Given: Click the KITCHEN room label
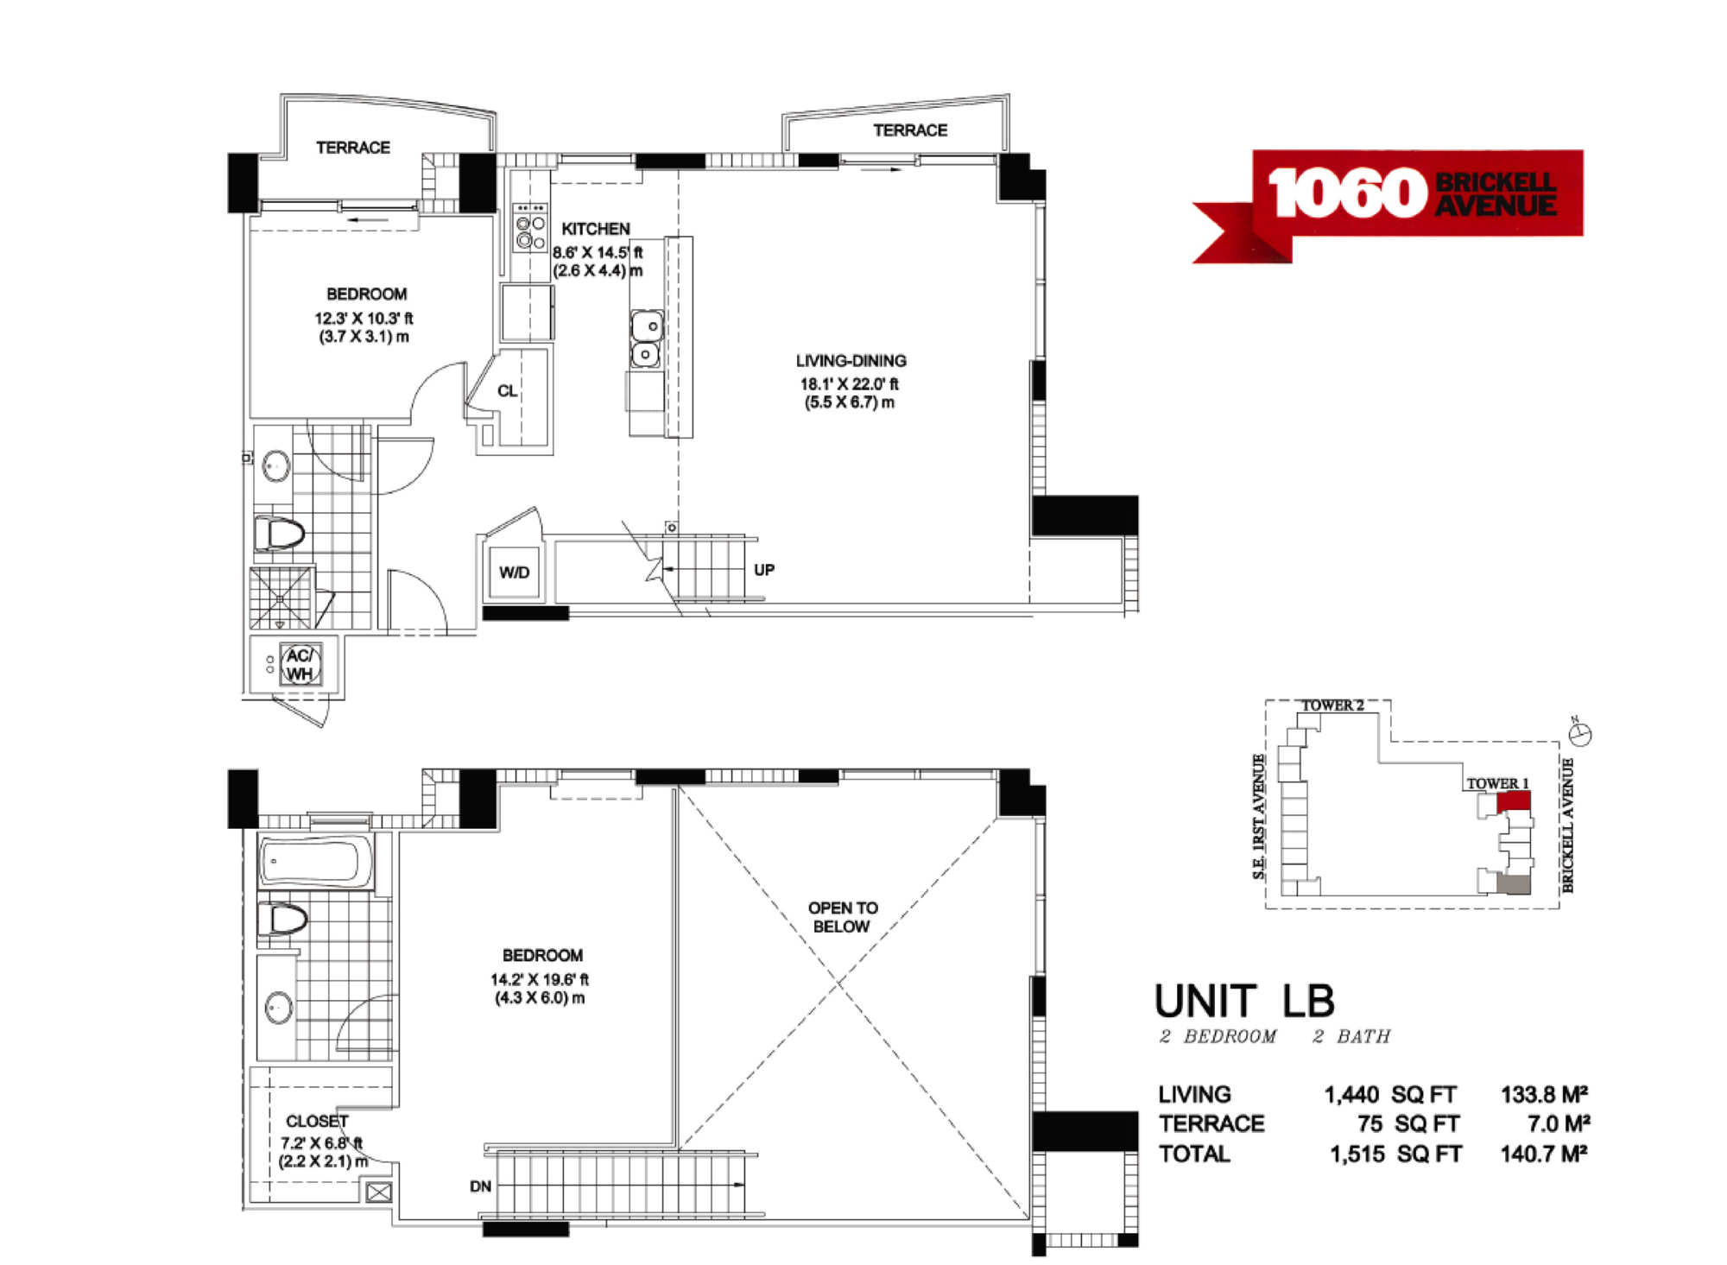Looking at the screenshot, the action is point(596,229).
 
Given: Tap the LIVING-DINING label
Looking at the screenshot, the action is point(851,361).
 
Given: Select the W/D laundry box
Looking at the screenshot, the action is point(515,572).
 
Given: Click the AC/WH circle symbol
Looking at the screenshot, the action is point(300,665).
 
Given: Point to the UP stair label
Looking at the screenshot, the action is point(764,570).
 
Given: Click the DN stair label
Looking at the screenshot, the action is point(480,1186).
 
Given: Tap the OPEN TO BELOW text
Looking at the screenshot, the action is point(843,917).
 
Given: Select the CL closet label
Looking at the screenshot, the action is point(507,391).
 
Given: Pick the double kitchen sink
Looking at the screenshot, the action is point(646,339).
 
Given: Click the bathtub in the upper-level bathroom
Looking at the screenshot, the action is point(315,862).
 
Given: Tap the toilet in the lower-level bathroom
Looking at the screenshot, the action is point(279,534).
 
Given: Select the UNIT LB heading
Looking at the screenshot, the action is point(1245,1002).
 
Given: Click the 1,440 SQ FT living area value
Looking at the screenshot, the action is point(1390,1095).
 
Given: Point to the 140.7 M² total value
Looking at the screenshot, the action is point(1545,1154).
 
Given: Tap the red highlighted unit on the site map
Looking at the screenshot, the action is point(1513,800).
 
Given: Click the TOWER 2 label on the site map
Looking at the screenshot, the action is point(1332,705).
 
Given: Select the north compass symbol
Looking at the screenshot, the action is point(1581,733).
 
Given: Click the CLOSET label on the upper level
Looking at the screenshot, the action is point(317,1121).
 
